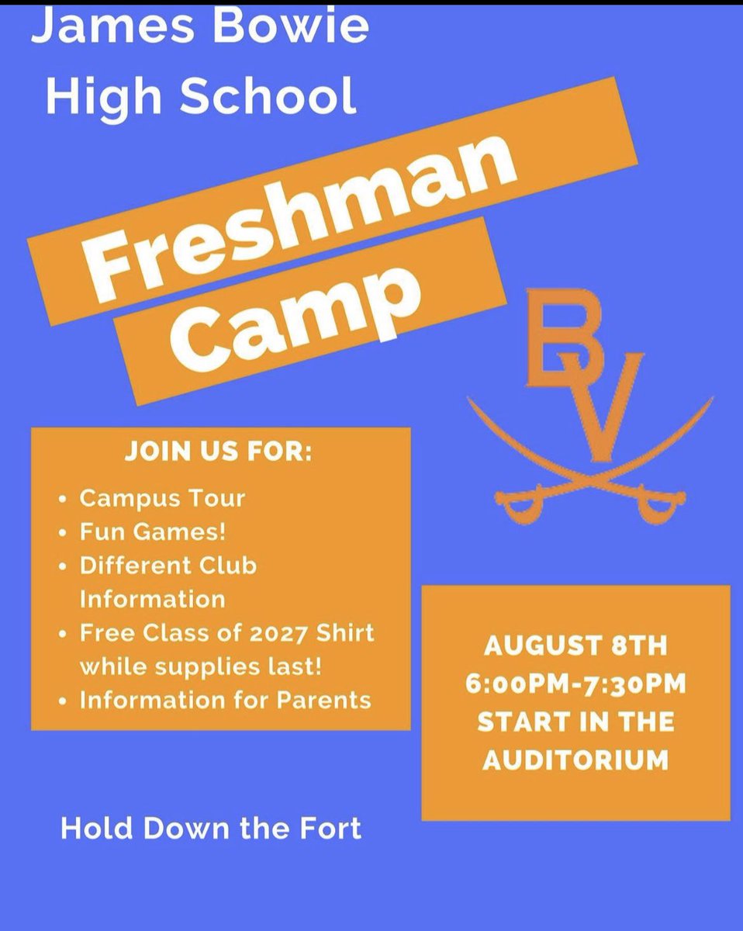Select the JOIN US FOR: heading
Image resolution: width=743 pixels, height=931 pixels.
[218, 453]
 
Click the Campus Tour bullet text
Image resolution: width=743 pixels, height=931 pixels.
[162, 497]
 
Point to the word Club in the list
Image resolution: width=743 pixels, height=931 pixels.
[230, 566]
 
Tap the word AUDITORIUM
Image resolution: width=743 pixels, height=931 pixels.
[575, 760]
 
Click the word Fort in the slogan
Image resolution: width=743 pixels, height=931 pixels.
[334, 828]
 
